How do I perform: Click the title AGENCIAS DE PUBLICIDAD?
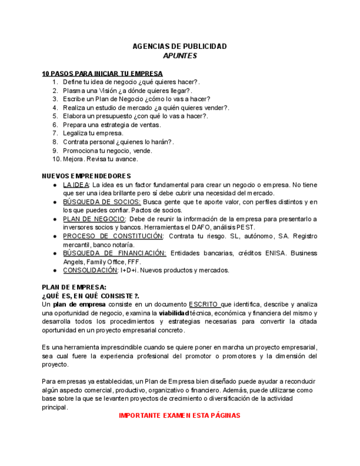(x=180, y=47)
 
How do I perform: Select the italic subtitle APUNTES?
(x=180, y=56)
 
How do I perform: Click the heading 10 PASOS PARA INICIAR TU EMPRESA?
(x=102, y=74)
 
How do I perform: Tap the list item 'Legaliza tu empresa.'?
(x=93, y=133)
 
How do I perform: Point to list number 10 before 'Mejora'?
(x=57, y=159)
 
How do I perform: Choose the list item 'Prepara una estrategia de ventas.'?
(x=112, y=125)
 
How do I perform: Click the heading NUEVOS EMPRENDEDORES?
(x=86, y=176)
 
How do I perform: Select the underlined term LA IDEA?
(x=76, y=185)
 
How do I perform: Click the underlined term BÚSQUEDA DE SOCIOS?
(x=101, y=202)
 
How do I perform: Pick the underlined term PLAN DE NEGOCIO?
(x=94, y=219)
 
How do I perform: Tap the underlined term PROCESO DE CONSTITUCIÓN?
(x=113, y=236)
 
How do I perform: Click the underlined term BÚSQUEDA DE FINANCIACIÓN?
(x=114, y=253)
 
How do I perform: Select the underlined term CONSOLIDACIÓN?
(x=90, y=270)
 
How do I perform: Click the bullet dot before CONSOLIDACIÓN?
(x=55, y=271)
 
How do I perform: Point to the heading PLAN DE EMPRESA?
(x=74, y=287)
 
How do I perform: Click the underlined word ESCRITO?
(x=203, y=304)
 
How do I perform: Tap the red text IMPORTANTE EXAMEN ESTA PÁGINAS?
(x=180, y=415)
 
